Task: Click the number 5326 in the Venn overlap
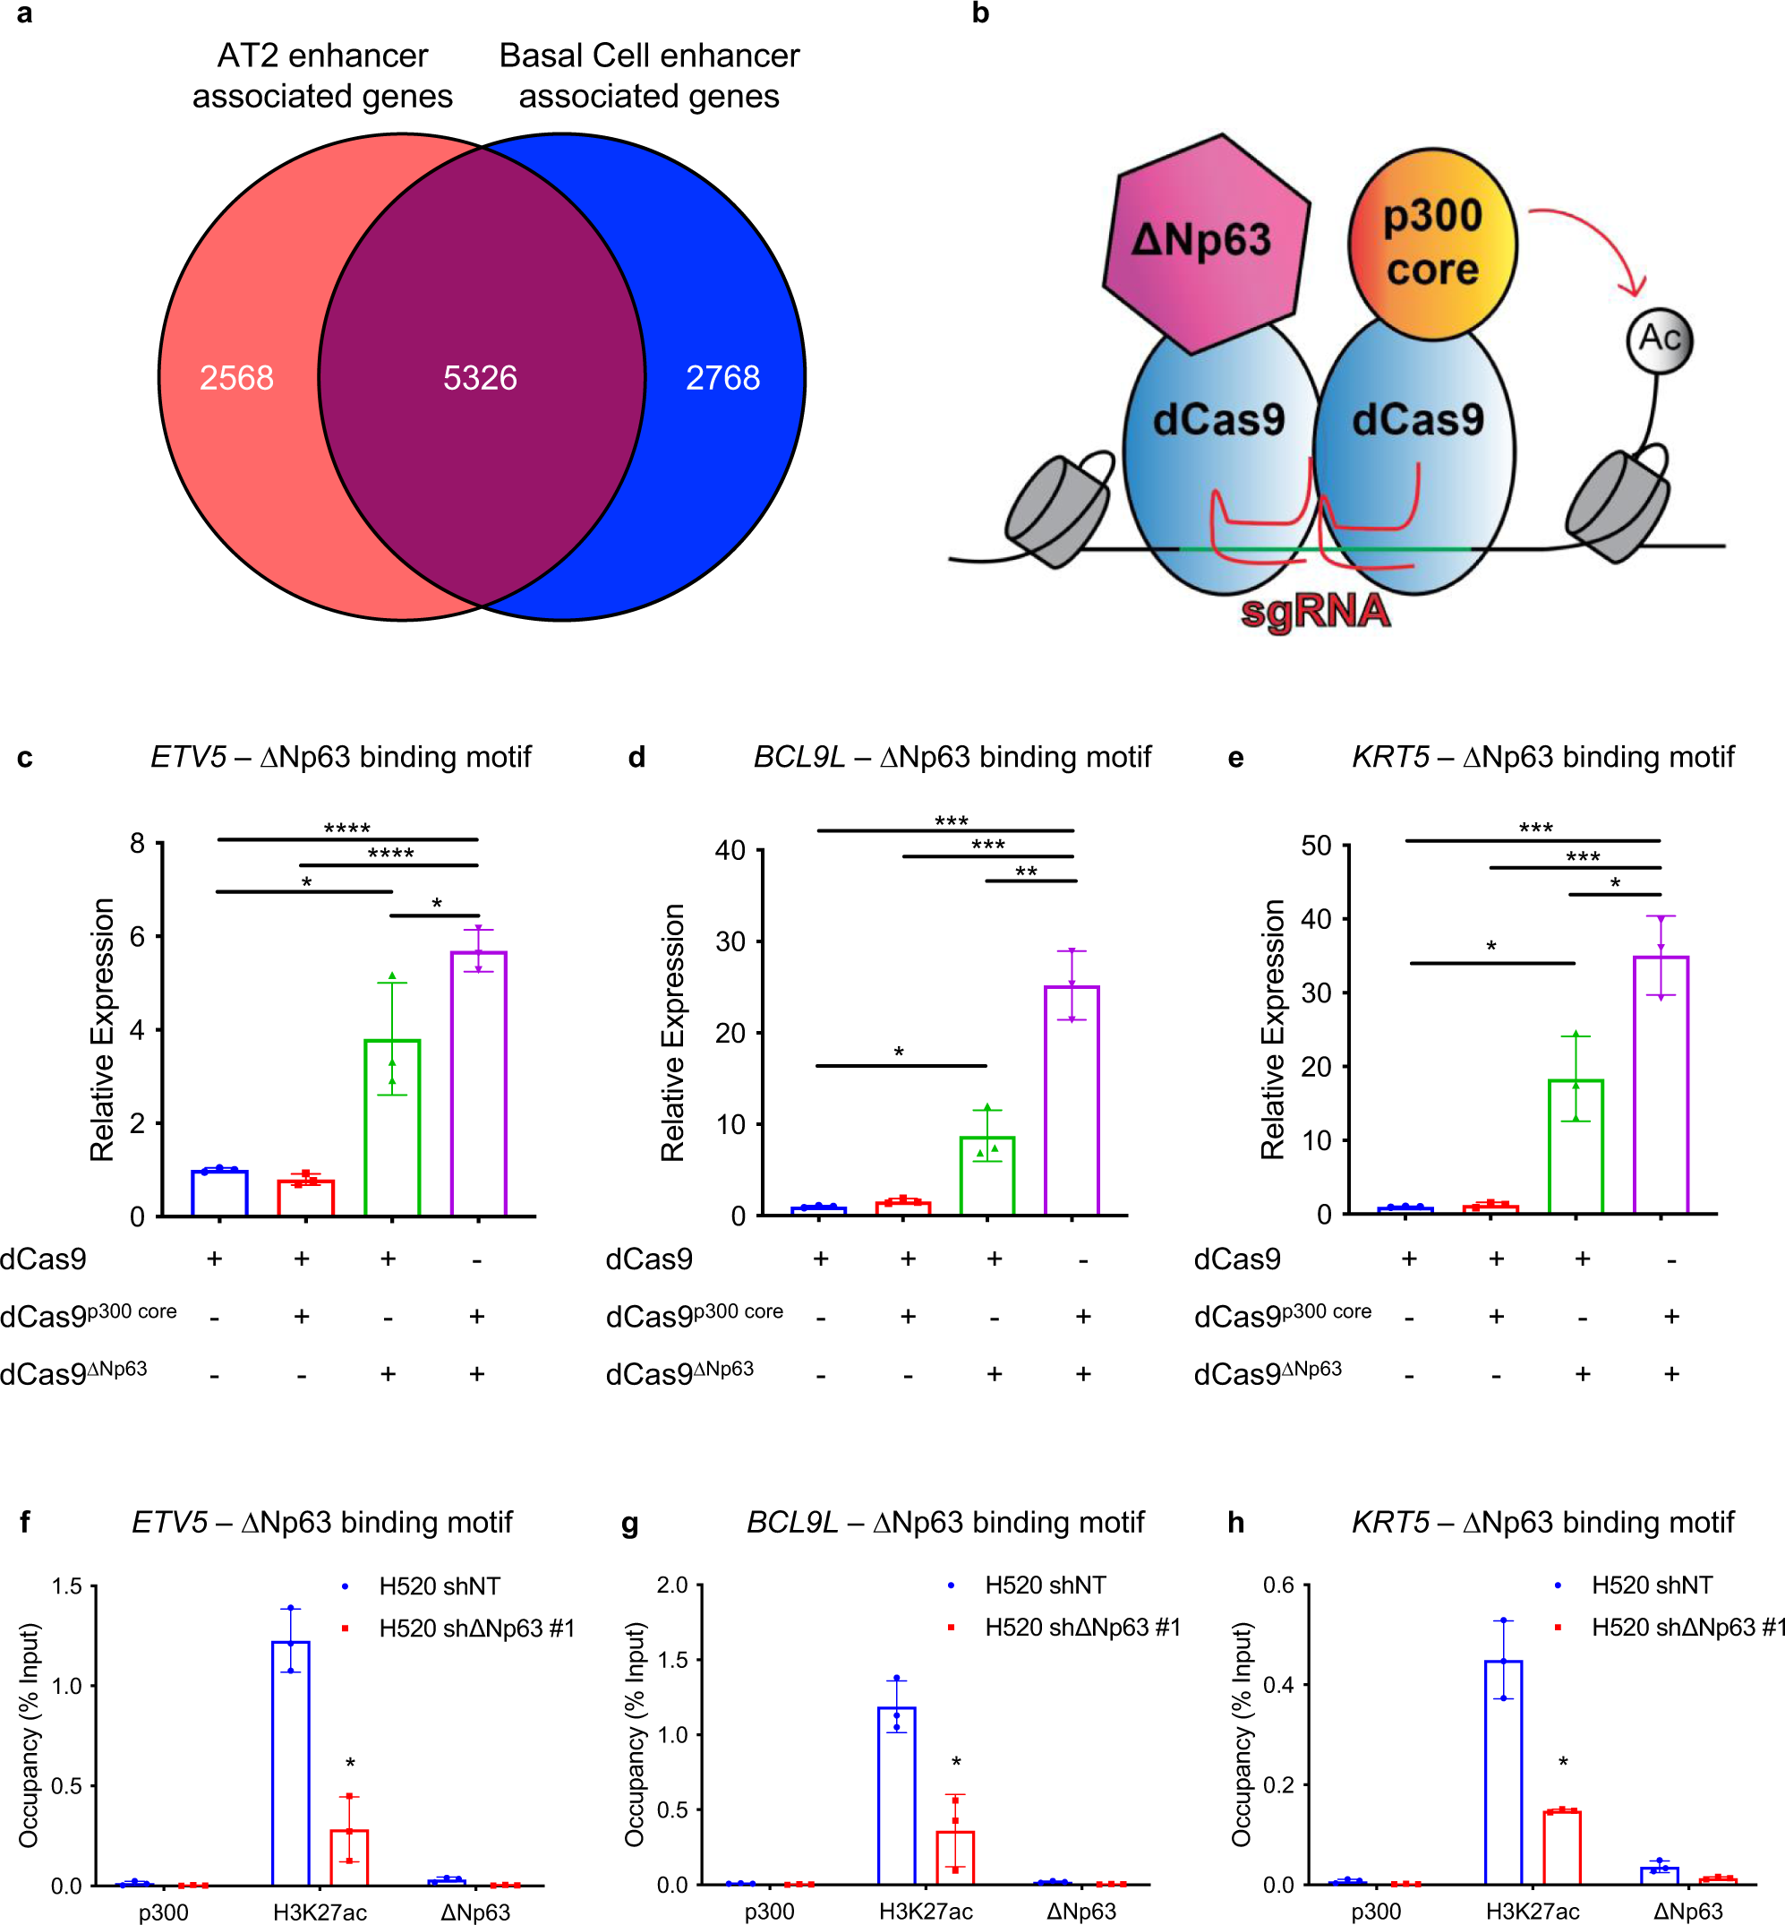tap(480, 378)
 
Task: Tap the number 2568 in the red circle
tap(236, 378)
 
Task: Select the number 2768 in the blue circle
tap(722, 378)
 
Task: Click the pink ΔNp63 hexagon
tap(1202, 242)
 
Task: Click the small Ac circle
tap(1660, 339)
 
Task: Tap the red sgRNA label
tap(1315, 612)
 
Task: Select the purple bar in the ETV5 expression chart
tap(479, 1082)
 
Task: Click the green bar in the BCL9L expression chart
tap(987, 1176)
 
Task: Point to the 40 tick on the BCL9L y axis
tap(730, 850)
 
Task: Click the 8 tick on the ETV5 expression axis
tap(138, 844)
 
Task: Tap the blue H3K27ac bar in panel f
tap(291, 1763)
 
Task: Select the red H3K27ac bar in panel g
tap(955, 1856)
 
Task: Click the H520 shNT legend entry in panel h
tap(1652, 1585)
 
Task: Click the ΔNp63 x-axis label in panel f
tap(475, 1912)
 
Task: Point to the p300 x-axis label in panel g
tap(769, 1912)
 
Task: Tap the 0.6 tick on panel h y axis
tap(1279, 1585)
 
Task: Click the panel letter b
tap(980, 13)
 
